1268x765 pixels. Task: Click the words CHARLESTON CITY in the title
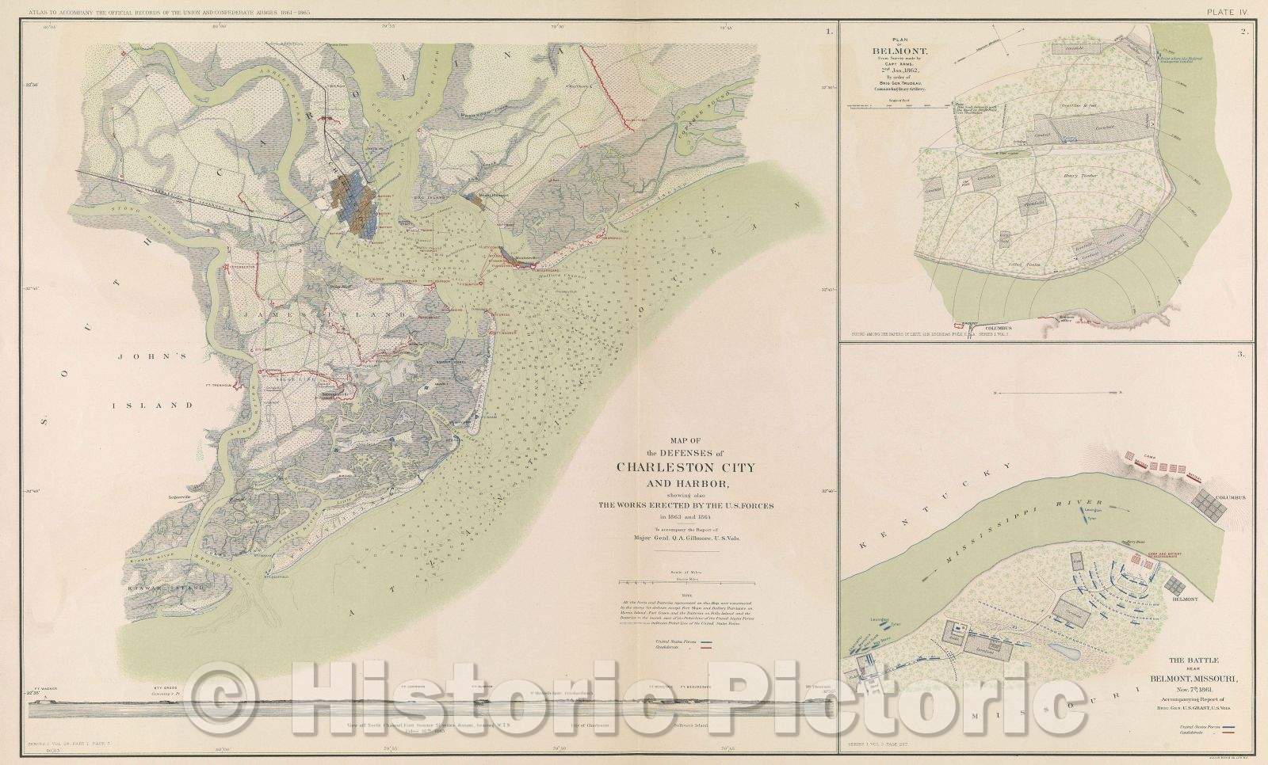click(x=686, y=466)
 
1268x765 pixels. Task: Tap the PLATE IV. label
click(x=1228, y=11)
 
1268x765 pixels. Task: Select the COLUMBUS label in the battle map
click(x=1229, y=497)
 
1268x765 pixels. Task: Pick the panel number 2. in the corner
click(x=1245, y=33)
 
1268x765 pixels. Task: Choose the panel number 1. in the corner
click(x=828, y=33)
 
